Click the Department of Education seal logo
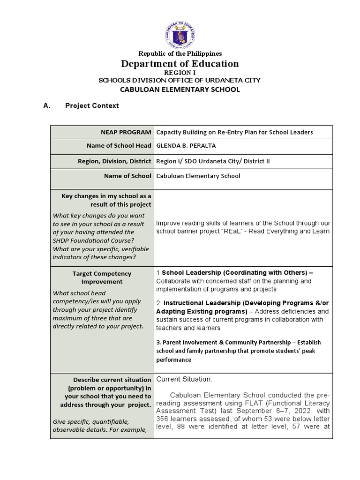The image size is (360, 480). pyautogui.click(x=180, y=33)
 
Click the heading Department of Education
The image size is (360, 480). pyautogui.click(x=180, y=64)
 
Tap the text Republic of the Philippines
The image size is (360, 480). pyautogui.click(x=180, y=54)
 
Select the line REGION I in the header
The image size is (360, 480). pyautogui.click(x=180, y=73)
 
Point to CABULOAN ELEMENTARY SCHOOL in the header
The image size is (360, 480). pyautogui.click(x=180, y=90)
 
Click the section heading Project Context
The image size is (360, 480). pyautogui.click(x=92, y=106)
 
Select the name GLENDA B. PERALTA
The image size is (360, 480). pyautogui.click(x=186, y=146)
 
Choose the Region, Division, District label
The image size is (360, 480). pyautogui.click(x=114, y=161)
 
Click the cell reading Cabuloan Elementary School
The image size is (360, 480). pyautogui.click(x=198, y=176)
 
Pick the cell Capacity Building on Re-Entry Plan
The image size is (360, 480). pyautogui.click(x=234, y=133)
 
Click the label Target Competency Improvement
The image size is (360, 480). pyautogui.click(x=102, y=277)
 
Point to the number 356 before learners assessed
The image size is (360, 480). pyautogui.click(x=162, y=419)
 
